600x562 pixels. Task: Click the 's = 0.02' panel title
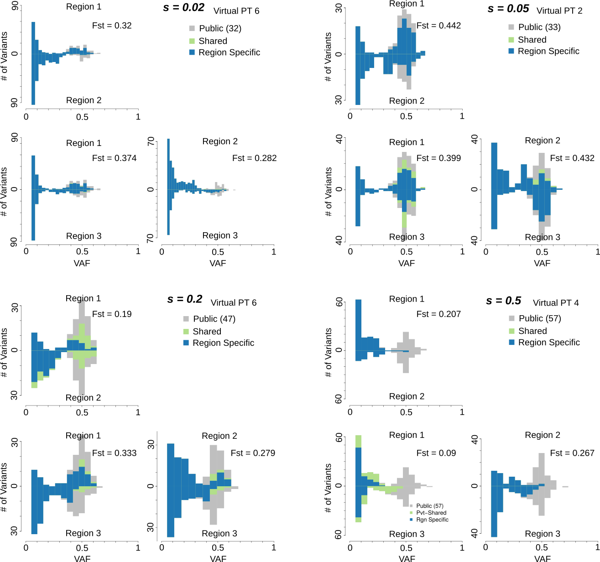(x=184, y=8)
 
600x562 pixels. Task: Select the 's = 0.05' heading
(x=508, y=9)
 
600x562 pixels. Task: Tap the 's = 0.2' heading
(x=184, y=299)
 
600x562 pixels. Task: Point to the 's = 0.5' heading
(x=503, y=301)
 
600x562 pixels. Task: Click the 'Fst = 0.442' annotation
(x=438, y=26)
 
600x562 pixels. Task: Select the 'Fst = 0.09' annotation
(x=436, y=453)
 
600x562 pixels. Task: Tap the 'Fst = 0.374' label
(x=114, y=158)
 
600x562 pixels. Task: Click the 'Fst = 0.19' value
(x=112, y=314)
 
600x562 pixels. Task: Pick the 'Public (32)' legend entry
(x=220, y=28)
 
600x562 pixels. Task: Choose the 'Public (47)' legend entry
(x=214, y=319)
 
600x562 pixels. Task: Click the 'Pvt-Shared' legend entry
(x=431, y=513)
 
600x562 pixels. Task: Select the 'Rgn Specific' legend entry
(x=432, y=520)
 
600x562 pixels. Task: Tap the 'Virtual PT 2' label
(x=559, y=11)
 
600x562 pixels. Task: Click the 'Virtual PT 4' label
(x=556, y=303)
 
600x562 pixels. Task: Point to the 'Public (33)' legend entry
(x=539, y=27)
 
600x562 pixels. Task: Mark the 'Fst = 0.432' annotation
(x=572, y=158)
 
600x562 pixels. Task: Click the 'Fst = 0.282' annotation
(x=254, y=158)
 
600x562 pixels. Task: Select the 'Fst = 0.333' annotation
(x=114, y=453)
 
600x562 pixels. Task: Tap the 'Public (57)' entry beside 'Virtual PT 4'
(x=540, y=318)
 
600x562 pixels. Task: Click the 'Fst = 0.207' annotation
(x=438, y=314)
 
